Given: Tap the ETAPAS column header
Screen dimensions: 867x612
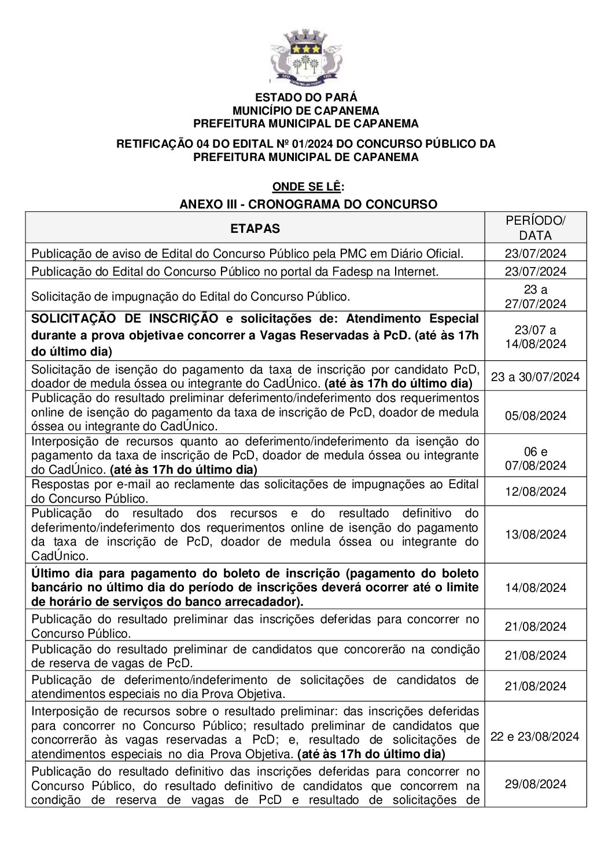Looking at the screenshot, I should click(255, 228).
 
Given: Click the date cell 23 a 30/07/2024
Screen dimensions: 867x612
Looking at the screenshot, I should click(535, 377).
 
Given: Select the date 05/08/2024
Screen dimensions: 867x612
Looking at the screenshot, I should click(535, 416).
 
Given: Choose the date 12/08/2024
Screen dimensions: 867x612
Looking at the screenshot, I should click(535, 492).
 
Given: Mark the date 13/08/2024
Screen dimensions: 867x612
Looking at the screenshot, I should click(535, 535).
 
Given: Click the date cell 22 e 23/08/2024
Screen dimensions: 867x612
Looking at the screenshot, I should click(535, 737).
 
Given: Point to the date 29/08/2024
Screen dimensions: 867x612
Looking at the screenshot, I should click(535, 784).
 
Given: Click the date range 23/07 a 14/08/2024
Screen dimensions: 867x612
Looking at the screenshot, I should click(535, 337).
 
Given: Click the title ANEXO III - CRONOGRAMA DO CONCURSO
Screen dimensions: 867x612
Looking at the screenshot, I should click(308, 204).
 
